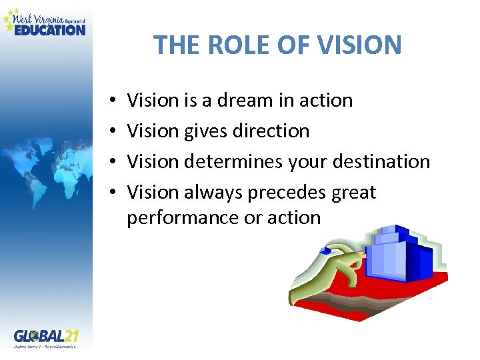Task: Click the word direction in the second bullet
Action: point(271,131)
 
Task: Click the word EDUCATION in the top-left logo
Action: point(50,29)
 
